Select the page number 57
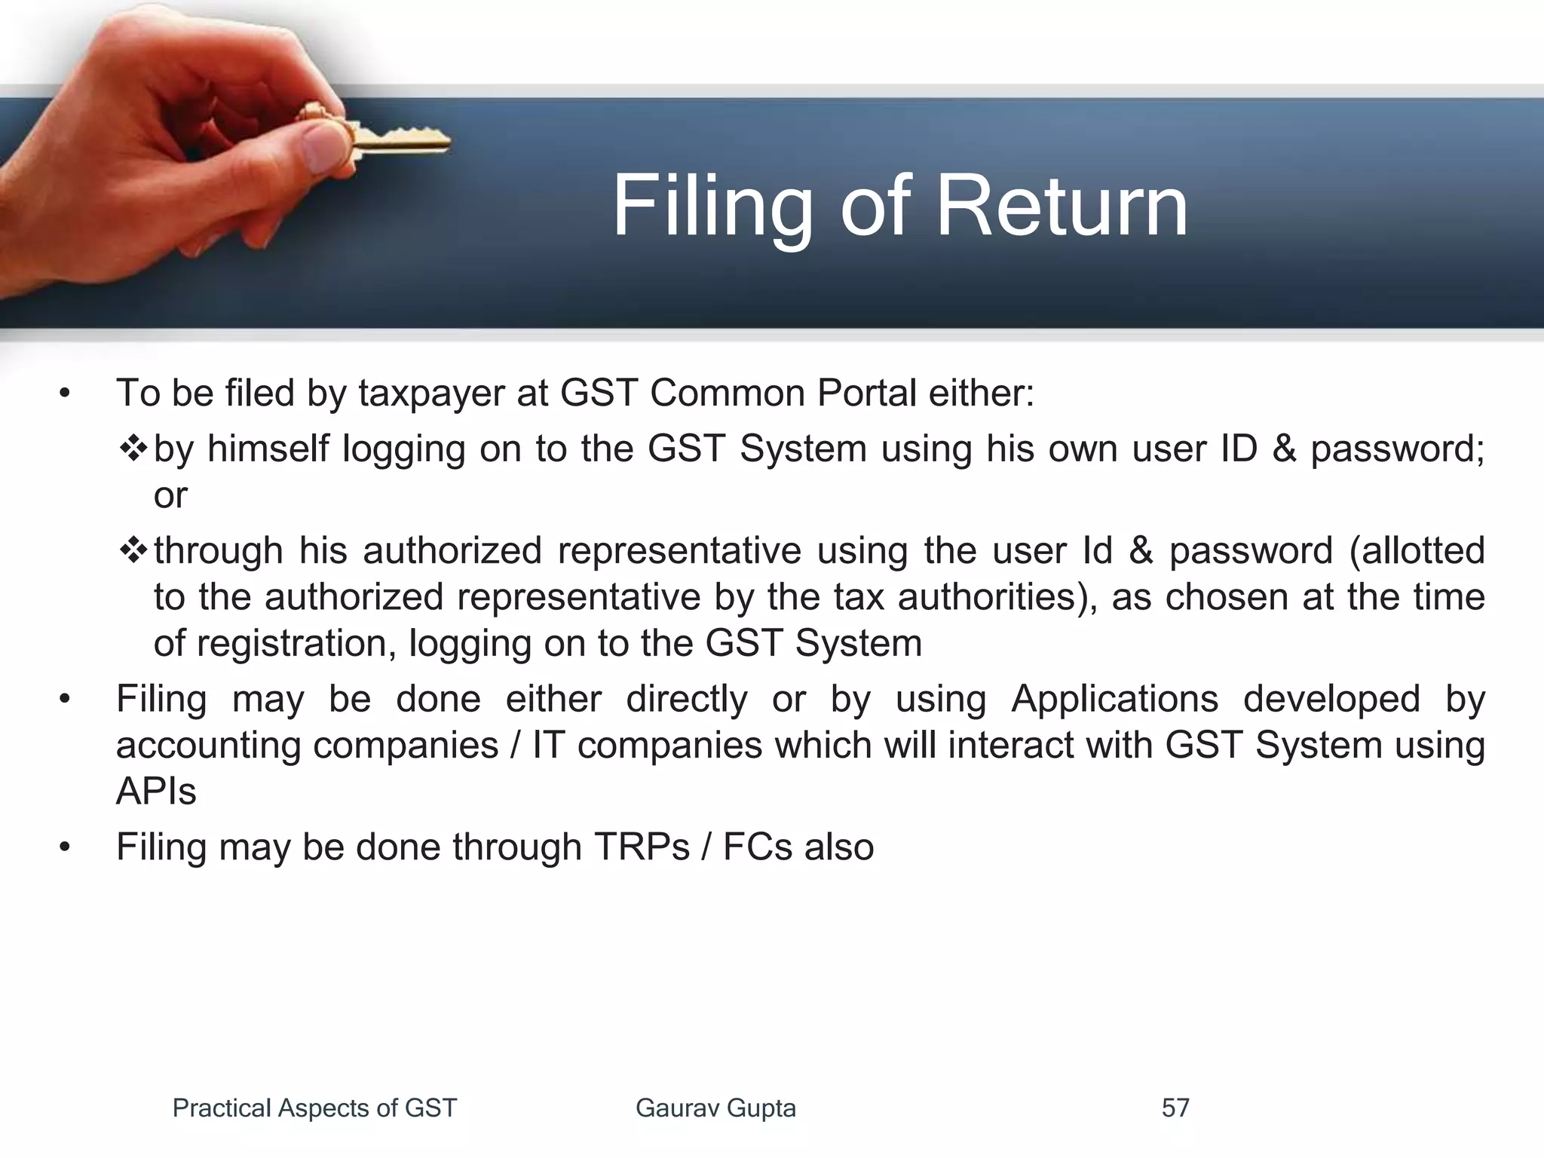(1175, 1107)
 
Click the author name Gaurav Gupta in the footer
(715, 1107)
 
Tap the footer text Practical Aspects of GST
(314, 1107)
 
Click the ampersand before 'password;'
(1285, 449)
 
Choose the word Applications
(1114, 698)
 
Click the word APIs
(156, 792)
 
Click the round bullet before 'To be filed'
(65, 394)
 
